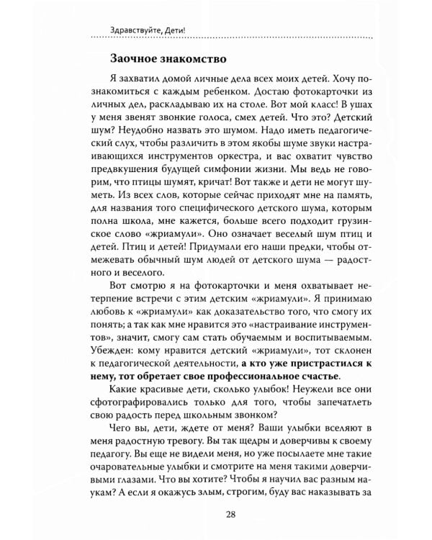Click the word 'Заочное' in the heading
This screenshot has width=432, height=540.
(134, 57)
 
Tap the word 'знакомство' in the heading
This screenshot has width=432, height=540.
(194, 57)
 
